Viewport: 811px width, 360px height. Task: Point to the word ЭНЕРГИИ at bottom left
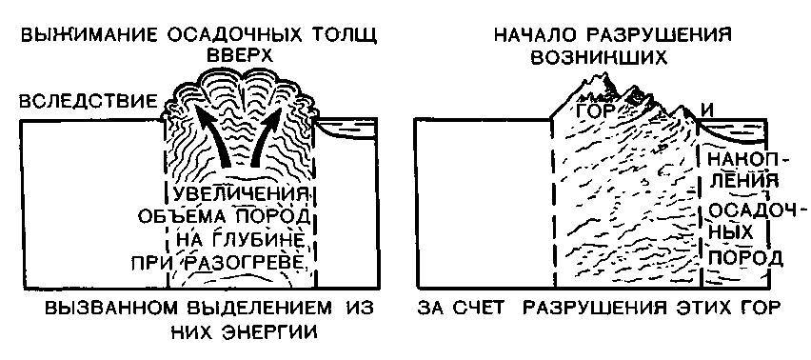[x=271, y=332]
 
